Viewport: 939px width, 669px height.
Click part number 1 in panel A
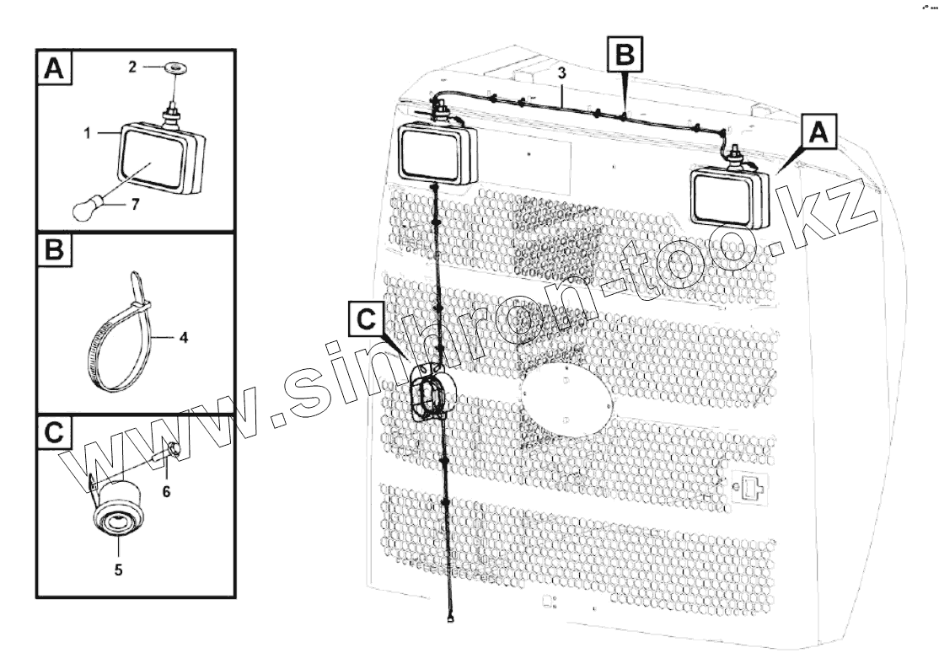point(87,133)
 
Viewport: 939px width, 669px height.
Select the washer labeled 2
point(174,67)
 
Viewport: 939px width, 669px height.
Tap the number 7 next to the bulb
point(136,205)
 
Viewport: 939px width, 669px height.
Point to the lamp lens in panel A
point(152,159)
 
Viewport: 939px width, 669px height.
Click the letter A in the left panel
point(54,69)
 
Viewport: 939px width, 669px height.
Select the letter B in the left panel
point(54,250)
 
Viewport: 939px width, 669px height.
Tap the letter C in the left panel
point(54,431)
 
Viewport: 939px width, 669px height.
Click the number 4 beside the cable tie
point(184,338)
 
